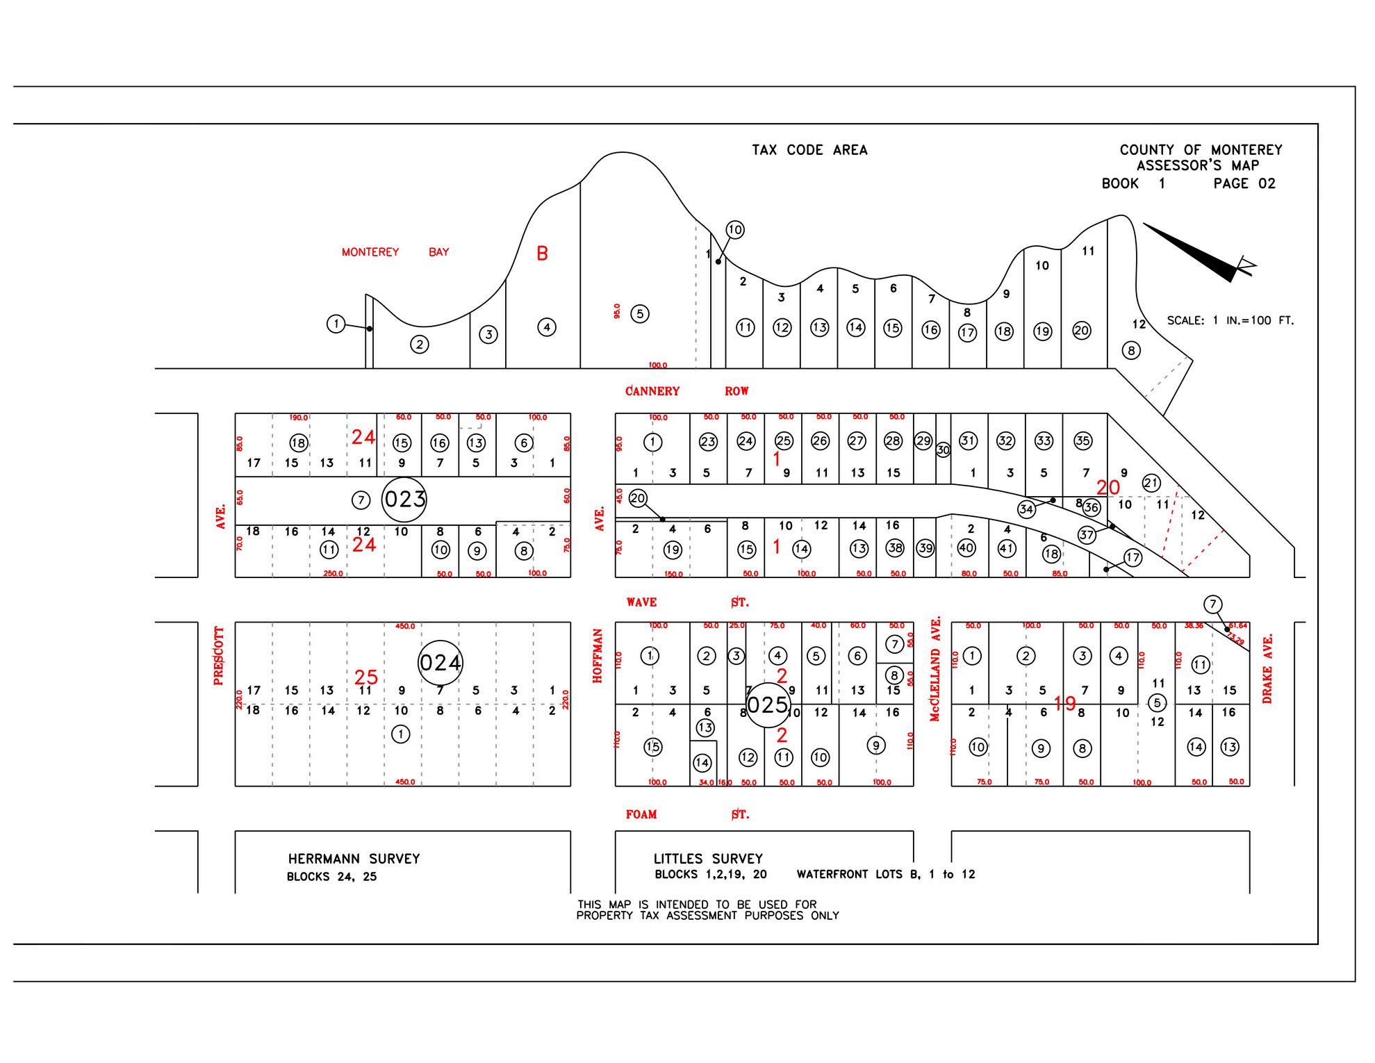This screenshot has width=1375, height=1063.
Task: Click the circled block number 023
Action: (404, 500)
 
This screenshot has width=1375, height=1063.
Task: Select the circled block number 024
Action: (441, 663)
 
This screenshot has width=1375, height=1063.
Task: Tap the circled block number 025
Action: (768, 705)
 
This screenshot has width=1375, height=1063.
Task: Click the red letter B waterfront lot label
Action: (542, 254)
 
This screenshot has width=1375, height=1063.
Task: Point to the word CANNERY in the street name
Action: (652, 391)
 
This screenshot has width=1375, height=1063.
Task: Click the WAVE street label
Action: (641, 602)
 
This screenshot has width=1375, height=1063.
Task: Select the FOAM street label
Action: (641, 814)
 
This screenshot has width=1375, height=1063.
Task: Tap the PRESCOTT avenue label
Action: (219, 656)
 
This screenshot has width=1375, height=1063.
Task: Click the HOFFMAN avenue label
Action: (598, 656)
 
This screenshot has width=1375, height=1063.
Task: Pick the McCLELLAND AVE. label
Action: (935, 668)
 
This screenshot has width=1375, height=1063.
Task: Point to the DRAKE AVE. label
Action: (1267, 668)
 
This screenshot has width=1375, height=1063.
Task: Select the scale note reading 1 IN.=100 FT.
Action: (1230, 321)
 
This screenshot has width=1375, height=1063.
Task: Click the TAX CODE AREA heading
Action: (809, 150)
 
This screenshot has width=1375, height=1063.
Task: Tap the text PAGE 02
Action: (1244, 183)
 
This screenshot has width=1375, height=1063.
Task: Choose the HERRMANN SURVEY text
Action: (354, 859)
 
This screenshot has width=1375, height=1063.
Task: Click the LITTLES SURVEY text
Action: (708, 859)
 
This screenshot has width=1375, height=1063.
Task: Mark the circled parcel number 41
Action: (1007, 548)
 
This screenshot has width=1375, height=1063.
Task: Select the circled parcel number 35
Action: (1082, 440)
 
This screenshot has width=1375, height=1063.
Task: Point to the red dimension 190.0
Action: (299, 418)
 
